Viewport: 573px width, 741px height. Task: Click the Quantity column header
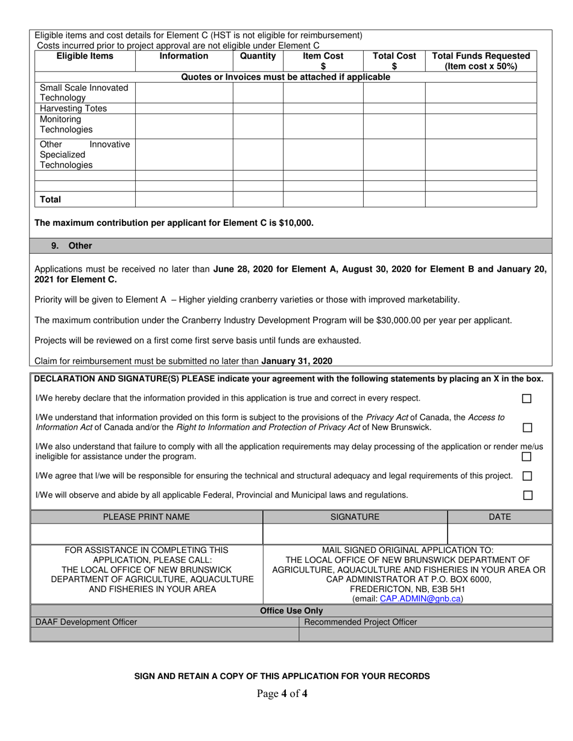(x=258, y=56)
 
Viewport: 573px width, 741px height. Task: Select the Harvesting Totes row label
(x=73, y=108)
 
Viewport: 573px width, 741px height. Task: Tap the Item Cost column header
(x=323, y=61)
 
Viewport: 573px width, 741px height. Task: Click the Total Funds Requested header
(x=481, y=61)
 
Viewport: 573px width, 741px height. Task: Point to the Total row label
(x=51, y=199)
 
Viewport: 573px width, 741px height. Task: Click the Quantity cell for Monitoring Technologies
(x=258, y=125)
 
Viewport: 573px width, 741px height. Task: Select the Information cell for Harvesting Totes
(x=184, y=108)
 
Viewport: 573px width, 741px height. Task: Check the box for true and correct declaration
(x=527, y=399)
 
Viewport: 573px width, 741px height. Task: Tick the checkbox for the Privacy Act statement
(x=527, y=428)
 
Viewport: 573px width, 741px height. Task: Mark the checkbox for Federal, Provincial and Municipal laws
(x=528, y=495)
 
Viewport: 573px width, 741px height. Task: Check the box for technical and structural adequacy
(x=527, y=476)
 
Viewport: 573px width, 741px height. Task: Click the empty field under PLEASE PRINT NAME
(x=147, y=534)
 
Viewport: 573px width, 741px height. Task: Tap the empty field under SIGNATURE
(x=355, y=534)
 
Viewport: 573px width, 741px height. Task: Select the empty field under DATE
(x=499, y=534)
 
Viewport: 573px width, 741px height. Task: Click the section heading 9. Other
(x=72, y=246)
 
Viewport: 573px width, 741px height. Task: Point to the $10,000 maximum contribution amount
(x=296, y=223)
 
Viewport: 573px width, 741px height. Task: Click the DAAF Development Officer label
(x=86, y=622)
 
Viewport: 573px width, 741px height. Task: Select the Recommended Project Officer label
(x=361, y=622)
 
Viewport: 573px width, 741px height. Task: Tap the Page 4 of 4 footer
(x=282, y=693)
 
